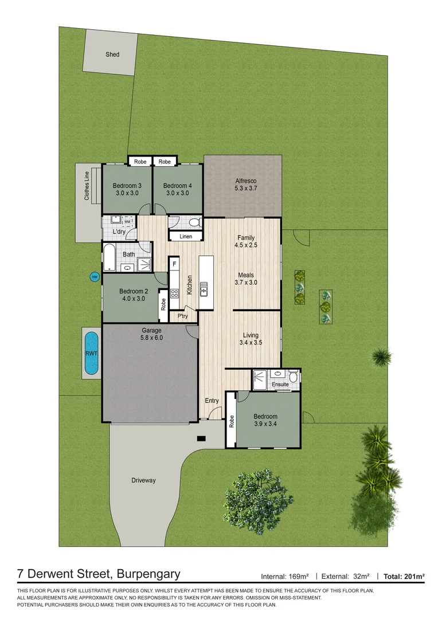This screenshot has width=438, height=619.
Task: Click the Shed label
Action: [112, 54]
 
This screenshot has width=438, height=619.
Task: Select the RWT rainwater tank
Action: [91, 354]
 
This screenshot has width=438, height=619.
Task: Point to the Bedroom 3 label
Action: [127, 189]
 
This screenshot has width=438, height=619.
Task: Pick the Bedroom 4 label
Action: [177, 189]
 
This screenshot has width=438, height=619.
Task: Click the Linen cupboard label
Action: [186, 236]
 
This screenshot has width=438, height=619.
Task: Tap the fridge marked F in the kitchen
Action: [174, 264]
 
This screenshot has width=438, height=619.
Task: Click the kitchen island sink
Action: [204, 291]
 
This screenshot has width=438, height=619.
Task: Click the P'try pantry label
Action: [183, 316]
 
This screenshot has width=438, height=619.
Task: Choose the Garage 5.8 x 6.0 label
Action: [152, 334]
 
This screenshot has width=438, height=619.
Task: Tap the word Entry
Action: [212, 401]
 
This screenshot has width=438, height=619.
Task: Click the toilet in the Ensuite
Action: [293, 377]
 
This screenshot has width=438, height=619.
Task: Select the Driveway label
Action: [143, 480]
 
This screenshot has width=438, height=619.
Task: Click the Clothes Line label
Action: [87, 185]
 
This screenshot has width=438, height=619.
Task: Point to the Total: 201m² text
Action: [404, 575]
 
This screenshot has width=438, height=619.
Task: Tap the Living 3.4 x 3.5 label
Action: [251, 339]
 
